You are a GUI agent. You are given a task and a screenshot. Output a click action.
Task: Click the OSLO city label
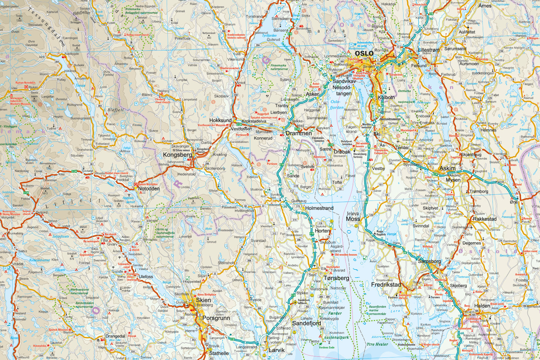tap(364, 53)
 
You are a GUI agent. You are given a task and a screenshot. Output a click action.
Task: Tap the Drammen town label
tap(298, 133)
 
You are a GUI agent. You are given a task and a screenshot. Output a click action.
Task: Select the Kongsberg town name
tap(177, 155)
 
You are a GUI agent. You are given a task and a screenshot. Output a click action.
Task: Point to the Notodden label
tap(149, 189)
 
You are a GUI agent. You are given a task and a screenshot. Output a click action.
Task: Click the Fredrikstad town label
tap(386, 284)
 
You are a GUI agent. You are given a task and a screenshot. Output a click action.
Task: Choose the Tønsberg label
tap(336, 278)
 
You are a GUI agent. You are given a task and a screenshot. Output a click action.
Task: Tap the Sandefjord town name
tap(306, 323)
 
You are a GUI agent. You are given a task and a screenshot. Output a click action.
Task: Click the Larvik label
tap(276, 350)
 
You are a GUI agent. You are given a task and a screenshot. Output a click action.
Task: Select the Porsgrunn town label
tap(216, 318)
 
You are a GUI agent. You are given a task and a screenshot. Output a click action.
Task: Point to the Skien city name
tap(203, 300)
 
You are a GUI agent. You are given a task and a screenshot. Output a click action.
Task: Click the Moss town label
tap(353, 219)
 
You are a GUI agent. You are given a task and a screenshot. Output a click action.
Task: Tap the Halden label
tap(482, 306)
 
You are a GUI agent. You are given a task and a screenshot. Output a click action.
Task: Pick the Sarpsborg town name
tap(429, 261)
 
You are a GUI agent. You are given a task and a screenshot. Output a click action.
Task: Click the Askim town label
tap(447, 168)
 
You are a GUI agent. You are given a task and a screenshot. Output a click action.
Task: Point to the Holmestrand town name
tap(319, 208)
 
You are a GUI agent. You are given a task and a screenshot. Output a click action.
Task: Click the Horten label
tap(322, 231)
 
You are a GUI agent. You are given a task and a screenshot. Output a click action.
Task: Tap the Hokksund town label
tap(220, 120)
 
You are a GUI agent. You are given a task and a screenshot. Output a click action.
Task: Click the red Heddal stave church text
tap(116, 173)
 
